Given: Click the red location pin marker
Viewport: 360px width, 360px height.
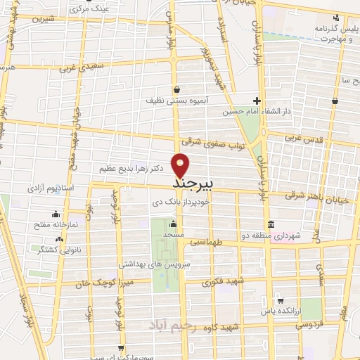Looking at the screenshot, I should (181, 165).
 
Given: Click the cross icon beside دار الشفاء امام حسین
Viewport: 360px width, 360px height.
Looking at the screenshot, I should (257, 101).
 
